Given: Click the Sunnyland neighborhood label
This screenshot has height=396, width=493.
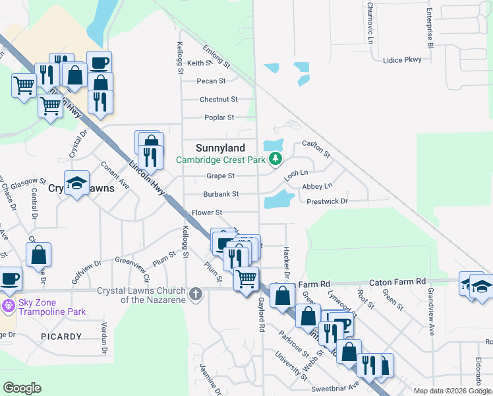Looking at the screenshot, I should (x=221, y=148).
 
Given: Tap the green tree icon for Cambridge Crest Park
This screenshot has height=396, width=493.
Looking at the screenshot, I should (x=275, y=159).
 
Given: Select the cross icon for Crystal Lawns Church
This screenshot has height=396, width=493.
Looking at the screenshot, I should (x=195, y=294).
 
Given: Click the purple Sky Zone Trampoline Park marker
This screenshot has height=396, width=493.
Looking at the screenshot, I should (x=8, y=306).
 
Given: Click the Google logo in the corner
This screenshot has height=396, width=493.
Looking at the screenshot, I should (x=22, y=388).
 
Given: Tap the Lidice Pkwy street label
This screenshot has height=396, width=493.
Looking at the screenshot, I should (x=401, y=60).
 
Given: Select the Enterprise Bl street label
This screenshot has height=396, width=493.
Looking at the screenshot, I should (x=429, y=29).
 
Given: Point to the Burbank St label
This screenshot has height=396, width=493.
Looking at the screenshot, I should (x=220, y=194).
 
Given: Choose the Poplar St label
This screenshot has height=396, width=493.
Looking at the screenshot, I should (x=217, y=117).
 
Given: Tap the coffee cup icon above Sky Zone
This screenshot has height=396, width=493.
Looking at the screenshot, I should (x=9, y=279).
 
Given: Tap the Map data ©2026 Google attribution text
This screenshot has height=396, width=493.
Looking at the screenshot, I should (x=452, y=391).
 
